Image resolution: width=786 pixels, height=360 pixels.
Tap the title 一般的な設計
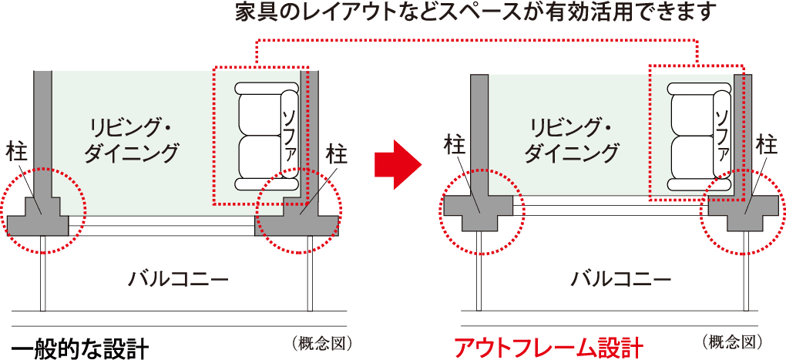pyautogui.click(x=78, y=348)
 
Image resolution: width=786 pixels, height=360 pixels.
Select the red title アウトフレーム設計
pyautogui.click(x=548, y=348)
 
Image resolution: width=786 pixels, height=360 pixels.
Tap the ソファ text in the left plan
pyautogui.click(x=289, y=134)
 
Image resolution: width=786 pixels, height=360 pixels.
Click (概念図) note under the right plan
pyautogui.click(x=732, y=343)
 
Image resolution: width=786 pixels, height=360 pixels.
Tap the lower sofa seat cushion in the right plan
pyautogui.click(x=692, y=156)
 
